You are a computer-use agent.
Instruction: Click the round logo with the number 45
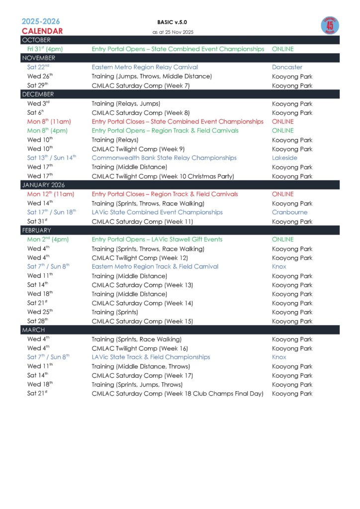(x=329, y=26)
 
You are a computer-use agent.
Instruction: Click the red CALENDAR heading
(x=42, y=31)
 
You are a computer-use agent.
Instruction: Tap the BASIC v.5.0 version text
(x=172, y=22)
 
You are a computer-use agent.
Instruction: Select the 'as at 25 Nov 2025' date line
(x=173, y=32)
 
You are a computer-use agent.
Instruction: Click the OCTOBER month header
(x=36, y=40)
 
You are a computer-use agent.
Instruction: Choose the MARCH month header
(x=33, y=330)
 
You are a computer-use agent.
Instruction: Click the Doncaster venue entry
(x=287, y=67)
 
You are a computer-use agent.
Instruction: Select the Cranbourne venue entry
(x=289, y=212)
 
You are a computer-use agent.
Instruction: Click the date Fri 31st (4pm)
(x=45, y=49)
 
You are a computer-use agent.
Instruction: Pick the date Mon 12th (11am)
(x=50, y=194)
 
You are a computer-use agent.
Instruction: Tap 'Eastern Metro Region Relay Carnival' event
(x=145, y=67)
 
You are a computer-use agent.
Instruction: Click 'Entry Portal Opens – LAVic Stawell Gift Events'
(x=157, y=239)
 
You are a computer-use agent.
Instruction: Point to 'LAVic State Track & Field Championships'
(x=151, y=357)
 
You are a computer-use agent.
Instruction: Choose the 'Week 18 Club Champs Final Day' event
(x=178, y=393)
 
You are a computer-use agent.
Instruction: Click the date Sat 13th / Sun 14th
(x=52, y=158)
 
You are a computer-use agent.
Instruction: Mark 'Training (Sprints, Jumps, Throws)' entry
(x=137, y=384)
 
